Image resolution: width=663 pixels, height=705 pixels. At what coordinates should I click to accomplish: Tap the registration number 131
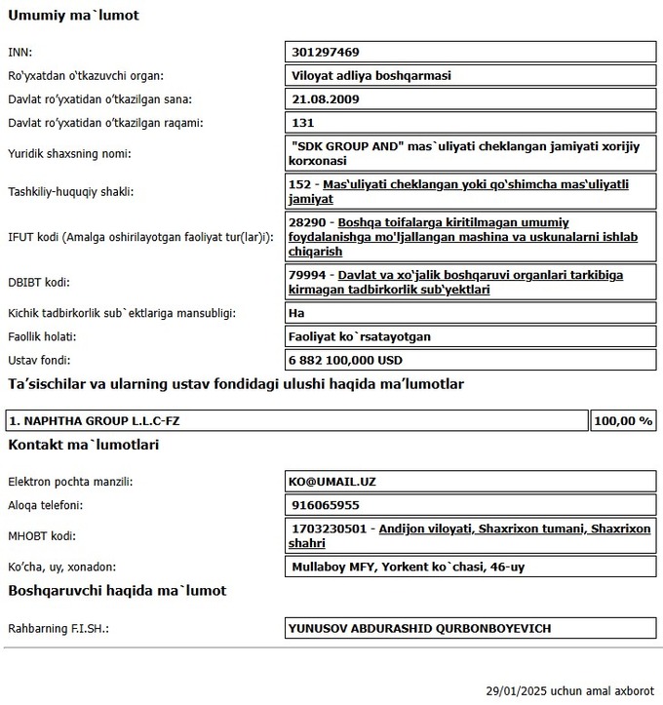click(302, 123)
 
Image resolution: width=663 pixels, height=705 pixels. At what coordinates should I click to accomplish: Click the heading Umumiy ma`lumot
click(73, 16)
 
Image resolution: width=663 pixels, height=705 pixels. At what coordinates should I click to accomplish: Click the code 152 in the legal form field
click(302, 184)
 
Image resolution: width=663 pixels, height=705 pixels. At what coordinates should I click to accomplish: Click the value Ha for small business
click(298, 313)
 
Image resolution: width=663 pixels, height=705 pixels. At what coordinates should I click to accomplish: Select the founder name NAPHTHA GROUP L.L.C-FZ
click(95, 421)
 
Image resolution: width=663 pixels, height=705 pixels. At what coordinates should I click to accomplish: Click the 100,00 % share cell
click(622, 421)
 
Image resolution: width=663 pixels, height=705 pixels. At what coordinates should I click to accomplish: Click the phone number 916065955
click(325, 505)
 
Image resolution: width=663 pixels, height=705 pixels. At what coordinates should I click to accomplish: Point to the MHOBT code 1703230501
click(330, 529)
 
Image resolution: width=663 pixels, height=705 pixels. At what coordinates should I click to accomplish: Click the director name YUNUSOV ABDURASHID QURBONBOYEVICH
click(419, 629)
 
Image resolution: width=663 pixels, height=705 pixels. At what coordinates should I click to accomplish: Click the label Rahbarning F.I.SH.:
click(58, 629)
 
